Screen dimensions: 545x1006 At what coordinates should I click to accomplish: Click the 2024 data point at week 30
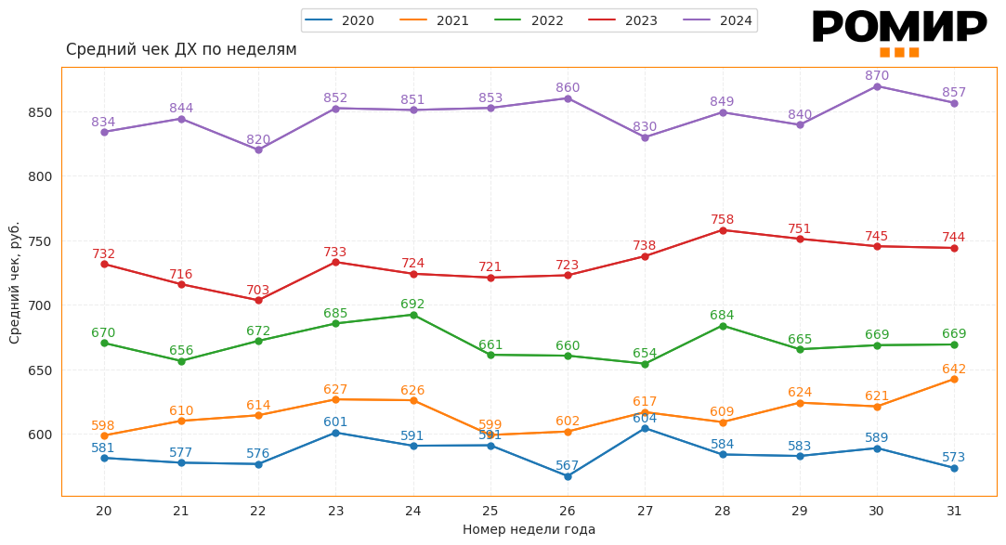[877, 86]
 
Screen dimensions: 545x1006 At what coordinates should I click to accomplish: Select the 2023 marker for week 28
[723, 230]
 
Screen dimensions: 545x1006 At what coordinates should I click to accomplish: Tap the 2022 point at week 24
[413, 315]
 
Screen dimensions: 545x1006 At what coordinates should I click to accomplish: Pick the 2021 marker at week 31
[954, 379]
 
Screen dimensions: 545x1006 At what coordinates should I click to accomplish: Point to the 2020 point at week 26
[568, 476]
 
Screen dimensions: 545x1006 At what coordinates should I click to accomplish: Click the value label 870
[877, 76]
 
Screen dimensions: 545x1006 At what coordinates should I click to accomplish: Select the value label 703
[258, 291]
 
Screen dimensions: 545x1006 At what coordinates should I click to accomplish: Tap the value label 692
[412, 305]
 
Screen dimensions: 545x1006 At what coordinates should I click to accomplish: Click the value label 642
[954, 370]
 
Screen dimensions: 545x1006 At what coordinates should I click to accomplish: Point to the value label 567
[568, 466]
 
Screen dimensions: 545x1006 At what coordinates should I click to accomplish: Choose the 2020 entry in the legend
[340, 20]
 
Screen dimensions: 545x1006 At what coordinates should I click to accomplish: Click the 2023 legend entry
[623, 20]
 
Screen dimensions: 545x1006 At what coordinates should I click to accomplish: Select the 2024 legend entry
[718, 20]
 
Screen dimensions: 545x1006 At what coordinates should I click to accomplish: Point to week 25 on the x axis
[490, 511]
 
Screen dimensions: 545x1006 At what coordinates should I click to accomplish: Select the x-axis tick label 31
[954, 511]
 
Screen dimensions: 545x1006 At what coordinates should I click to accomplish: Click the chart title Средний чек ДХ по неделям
[181, 50]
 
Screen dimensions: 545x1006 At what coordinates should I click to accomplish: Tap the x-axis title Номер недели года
[529, 530]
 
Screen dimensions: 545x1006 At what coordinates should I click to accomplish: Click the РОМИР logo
[899, 30]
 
